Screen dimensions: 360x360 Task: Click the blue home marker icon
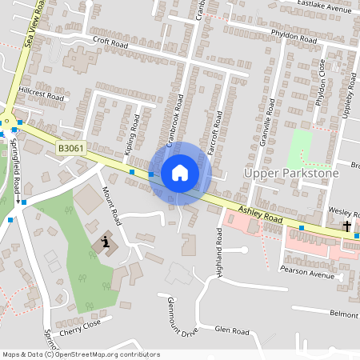(x=180, y=173)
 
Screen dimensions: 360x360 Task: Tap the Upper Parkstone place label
(x=291, y=173)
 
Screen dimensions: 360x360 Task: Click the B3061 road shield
(x=71, y=148)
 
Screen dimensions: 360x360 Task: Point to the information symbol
(x=106, y=242)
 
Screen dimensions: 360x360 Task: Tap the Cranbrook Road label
(x=175, y=120)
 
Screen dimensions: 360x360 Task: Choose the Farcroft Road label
(x=216, y=133)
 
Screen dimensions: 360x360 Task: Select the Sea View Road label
(x=33, y=27)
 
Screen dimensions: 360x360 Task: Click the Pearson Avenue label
(x=307, y=274)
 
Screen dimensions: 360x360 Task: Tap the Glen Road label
(x=233, y=331)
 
